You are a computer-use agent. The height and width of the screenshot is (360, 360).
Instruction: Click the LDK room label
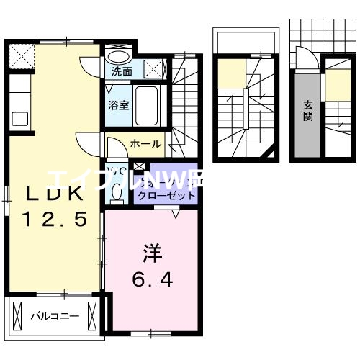54,194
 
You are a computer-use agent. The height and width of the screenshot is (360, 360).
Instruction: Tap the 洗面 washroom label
121,71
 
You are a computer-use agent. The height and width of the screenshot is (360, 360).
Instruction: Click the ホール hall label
145,144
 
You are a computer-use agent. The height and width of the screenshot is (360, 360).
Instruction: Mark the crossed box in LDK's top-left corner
22,55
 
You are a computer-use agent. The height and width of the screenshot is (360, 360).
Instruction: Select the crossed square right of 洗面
154,68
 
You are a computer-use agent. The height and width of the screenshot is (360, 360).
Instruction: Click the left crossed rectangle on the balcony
17,315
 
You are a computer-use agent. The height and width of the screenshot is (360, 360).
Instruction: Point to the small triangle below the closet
175,212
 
